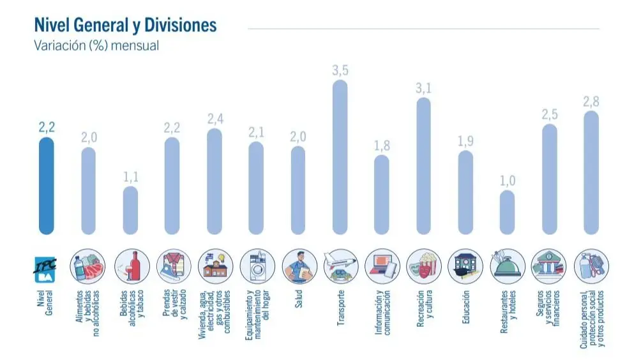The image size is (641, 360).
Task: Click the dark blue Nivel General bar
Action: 46,186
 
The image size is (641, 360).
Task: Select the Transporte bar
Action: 340,157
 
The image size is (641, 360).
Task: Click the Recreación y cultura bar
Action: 423,166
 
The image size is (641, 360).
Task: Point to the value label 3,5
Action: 340,70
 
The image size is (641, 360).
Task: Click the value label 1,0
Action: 507,181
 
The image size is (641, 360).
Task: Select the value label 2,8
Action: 591,101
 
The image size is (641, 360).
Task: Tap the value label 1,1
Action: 130,177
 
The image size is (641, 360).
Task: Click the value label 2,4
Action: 215,119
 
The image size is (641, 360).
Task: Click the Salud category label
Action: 298,301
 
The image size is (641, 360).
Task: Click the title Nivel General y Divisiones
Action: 125,25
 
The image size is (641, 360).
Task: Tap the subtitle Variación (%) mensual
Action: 96,46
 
